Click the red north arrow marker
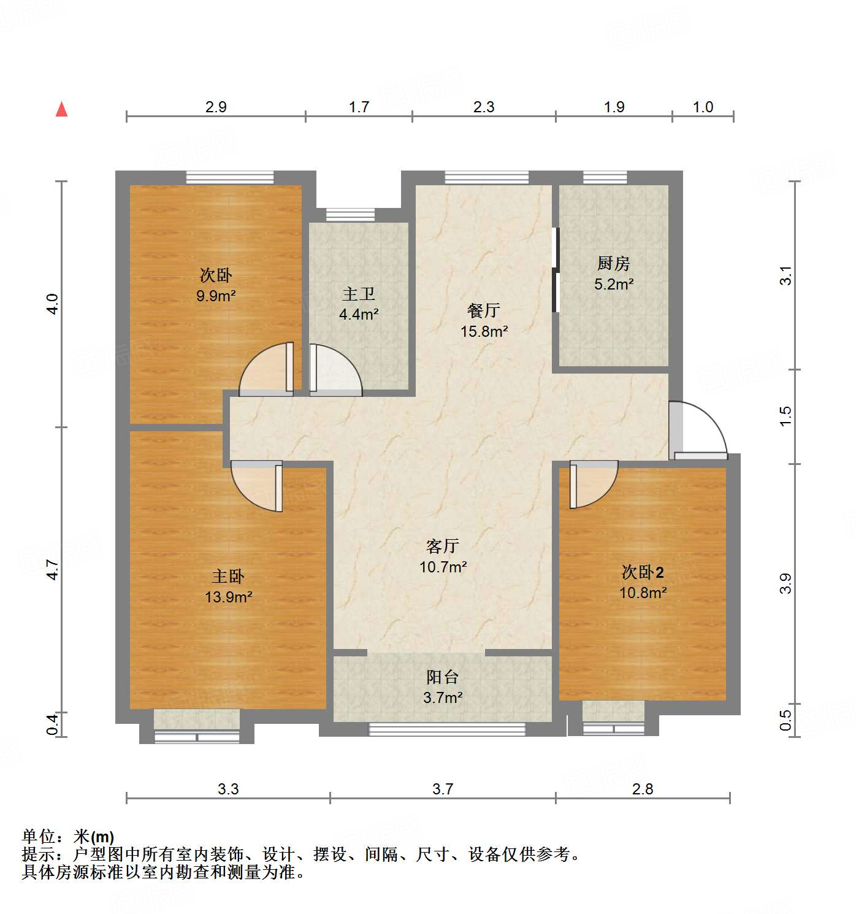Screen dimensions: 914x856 (x=61, y=109)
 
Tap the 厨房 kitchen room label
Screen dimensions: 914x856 (x=613, y=264)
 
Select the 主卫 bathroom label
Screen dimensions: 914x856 (x=359, y=294)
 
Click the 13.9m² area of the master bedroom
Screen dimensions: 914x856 (x=229, y=597)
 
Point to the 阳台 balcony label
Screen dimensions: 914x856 (x=442, y=677)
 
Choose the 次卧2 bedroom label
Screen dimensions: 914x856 (x=643, y=572)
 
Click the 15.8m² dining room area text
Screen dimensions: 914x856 (x=484, y=332)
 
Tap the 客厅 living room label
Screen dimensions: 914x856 (x=442, y=546)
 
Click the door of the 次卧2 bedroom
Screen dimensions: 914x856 (x=592, y=485)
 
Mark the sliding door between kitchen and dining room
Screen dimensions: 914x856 (x=556, y=270)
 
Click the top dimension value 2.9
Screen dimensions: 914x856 (x=216, y=107)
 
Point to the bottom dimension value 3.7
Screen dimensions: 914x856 (x=442, y=789)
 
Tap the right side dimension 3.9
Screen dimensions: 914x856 (x=785, y=583)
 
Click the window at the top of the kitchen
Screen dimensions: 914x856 (x=605, y=177)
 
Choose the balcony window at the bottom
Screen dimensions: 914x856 (x=447, y=729)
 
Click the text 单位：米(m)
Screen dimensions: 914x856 (x=68, y=836)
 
